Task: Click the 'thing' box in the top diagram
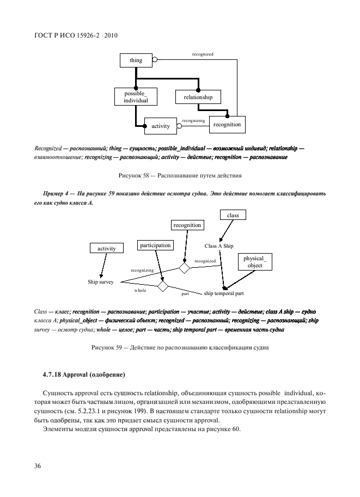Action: point(136,60)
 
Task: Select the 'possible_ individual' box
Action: point(132,97)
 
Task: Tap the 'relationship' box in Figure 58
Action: point(198,97)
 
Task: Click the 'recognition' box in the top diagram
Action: point(227,125)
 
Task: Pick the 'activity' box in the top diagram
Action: point(161,126)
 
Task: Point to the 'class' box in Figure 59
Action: point(233,216)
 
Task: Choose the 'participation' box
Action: point(155,246)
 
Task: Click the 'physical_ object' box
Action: point(254,262)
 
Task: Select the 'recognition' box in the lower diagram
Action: point(187,225)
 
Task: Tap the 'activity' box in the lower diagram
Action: point(107,248)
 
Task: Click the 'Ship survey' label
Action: point(100,283)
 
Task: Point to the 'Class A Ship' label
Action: point(219,246)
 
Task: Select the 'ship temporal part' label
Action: point(223,294)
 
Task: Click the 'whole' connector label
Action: point(140,291)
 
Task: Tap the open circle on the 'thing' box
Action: point(154,60)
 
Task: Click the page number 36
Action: point(38,466)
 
